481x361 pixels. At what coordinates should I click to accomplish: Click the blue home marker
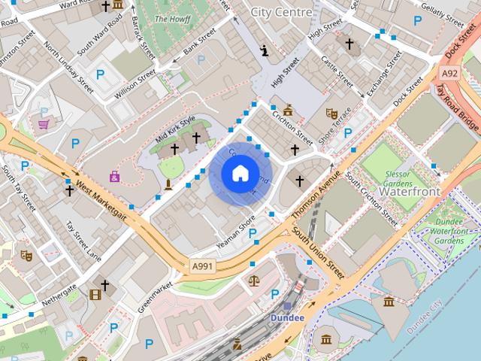240,174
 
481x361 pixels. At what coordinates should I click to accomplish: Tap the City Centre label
281,12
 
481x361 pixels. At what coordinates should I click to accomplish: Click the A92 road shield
449,73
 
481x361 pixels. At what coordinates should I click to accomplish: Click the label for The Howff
171,18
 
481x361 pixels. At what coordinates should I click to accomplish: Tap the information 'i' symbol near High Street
265,51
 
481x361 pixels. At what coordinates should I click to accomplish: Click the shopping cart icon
44,124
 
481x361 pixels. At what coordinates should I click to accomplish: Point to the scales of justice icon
254,281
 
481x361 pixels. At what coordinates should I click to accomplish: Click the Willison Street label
135,84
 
